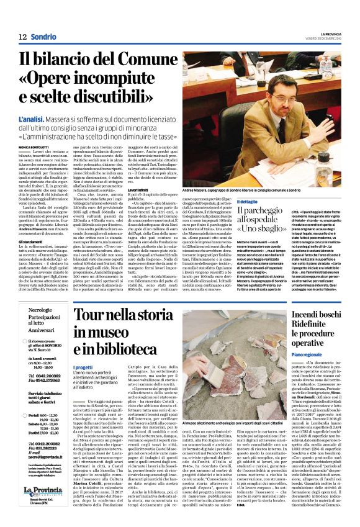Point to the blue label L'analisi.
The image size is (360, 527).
pyautogui.click(x=34, y=115)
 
